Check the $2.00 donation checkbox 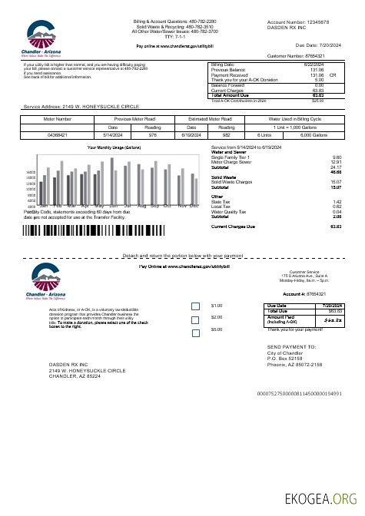(x=196, y=319)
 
